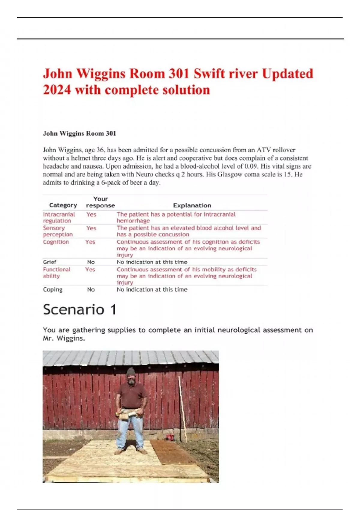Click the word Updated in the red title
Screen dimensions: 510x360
pyautogui.click(x=287, y=74)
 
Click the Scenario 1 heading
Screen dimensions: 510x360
pyautogui.click(x=79, y=310)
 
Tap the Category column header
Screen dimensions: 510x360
pyautogui.click(x=63, y=205)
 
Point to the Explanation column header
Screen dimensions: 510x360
pyautogui.click(x=192, y=205)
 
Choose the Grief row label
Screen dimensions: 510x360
pyautogui.click(x=49, y=262)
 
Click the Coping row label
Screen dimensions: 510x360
pyautogui.click(x=52, y=289)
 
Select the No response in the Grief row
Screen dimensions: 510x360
pyautogui.click(x=91, y=262)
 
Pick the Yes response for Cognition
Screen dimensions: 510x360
pyautogui.click(x=90, y=242)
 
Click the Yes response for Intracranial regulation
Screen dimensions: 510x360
pyautogui.click(x=91, y=214)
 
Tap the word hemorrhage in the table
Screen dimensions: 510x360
pyautogui.click(x=133, y=221)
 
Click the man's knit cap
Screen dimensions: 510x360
pyautogui.click(x=131, y=372)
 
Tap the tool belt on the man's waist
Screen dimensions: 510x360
pyautogui.click(x=131, y=415)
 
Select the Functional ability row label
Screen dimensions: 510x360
pyautogui.click(x=56, y=273)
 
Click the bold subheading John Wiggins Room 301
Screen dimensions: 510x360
pyautogui.click(x=79, y=133)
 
